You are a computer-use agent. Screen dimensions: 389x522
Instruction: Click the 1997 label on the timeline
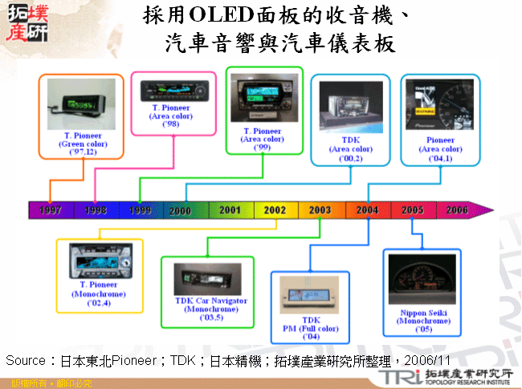point(51,210)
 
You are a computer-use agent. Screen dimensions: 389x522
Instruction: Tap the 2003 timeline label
point(320,210)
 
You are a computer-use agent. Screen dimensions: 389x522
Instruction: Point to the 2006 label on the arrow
point(456,210)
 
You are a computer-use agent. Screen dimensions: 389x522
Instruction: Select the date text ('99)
point(262,148)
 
